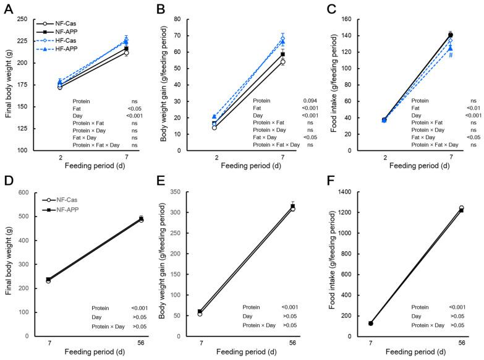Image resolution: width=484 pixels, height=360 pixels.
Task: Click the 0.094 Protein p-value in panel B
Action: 310,100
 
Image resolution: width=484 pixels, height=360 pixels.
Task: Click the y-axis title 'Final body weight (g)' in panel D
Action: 8,265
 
